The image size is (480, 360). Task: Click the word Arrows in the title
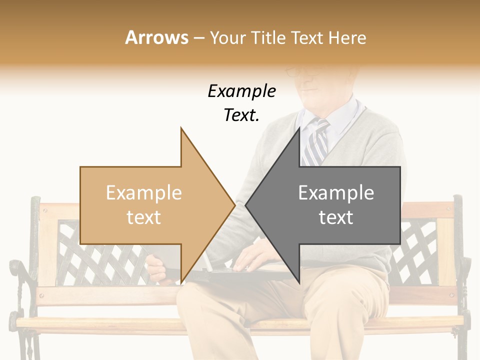[x=156, y=37]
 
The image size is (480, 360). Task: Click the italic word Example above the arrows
[x=241, y=92]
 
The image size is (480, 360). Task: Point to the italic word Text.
[x=241, y=115]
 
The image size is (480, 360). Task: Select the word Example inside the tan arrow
[x=144, y=193]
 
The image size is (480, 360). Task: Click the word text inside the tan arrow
[x=144, y=217]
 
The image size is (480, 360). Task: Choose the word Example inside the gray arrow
[x=336, y=193]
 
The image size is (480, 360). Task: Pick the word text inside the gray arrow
[x=336, y=217]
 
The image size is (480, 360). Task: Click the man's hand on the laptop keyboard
[x=252, y=258]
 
